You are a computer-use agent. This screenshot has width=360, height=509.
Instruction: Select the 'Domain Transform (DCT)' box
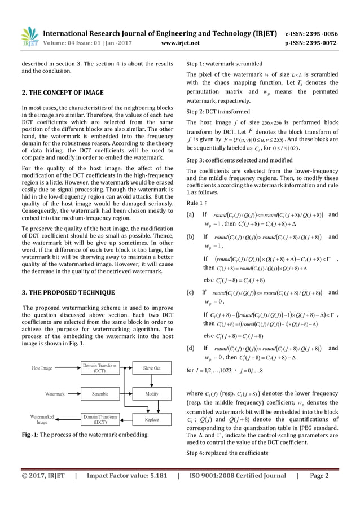coord(100,368)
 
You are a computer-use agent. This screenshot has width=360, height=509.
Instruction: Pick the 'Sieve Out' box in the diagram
coord(151,368)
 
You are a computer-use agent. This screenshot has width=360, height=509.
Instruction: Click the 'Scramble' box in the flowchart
coord(100,394)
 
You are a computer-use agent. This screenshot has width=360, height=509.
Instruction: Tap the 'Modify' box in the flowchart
coord(151,394)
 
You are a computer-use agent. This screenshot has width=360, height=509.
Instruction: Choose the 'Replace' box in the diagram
coord(151,419)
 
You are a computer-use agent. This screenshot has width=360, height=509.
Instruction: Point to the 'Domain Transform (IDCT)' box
coord(100,419)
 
